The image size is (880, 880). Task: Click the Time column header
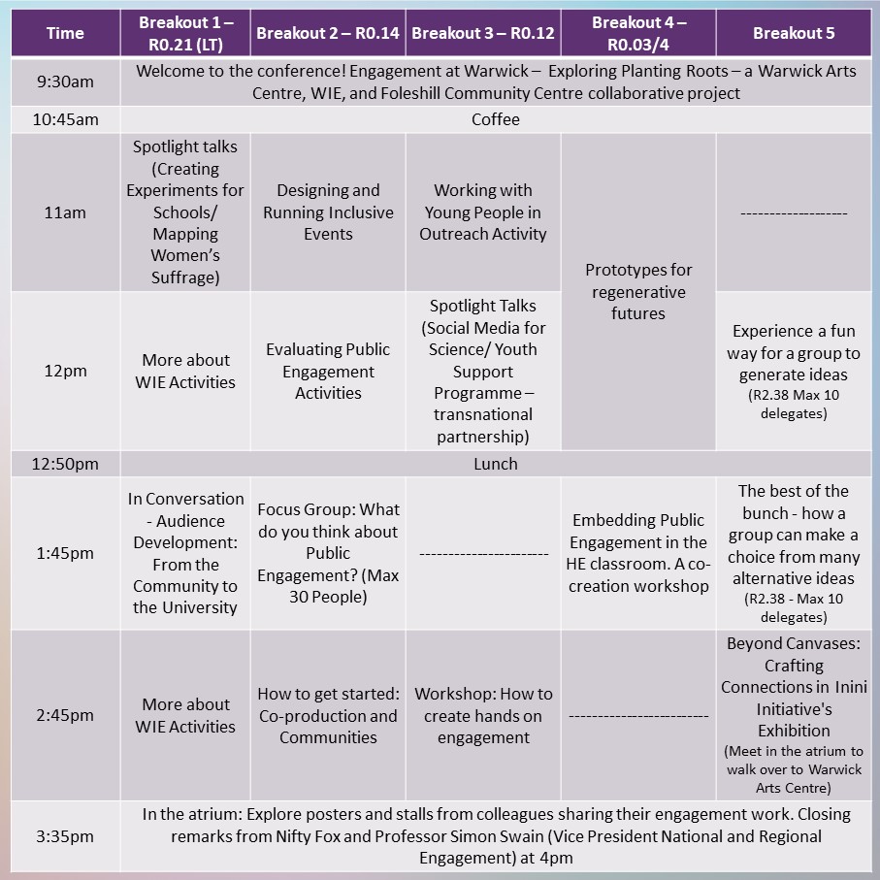pyautogui.click(x=65, y=33)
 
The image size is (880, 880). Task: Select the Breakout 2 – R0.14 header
pyautogui.click(x=328, y=33)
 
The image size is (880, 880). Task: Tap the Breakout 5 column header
pyautogui.click(x=794, y=33)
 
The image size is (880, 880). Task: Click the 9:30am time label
pyautogui.click(x=65, y=81)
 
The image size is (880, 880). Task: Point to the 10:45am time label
pyautogui.click(x=65, y=119)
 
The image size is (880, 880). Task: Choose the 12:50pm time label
pyautogui.click(x=65, y=464)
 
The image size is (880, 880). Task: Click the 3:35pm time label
pyautogui.click(x=65, y=835)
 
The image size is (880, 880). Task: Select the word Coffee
pyautogui.click(x=496, y=119)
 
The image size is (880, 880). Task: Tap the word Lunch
pyautogui.click(x=496, y=464)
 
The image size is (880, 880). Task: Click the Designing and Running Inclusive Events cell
pyautogui.click(x=328, y=212)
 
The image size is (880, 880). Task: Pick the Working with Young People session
pyautogui.click(x=483, y=212)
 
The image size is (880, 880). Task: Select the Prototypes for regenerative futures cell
pyautogui.click(x=638, y=291)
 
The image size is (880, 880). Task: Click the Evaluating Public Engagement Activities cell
pyautogui.click(x=328, y=371)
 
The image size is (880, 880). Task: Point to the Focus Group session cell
pyautogui.click(x=328, y=553)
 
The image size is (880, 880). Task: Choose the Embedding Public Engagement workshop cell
pyautogui.click(x=638, y=553)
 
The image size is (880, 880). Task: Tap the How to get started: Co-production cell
pyautogui.click(x=328, y=715)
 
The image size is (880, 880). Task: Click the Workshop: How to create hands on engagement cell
pyautogui.click(x=483, y=715)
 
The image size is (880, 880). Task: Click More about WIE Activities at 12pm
pyautogui.click(x=186, y=371)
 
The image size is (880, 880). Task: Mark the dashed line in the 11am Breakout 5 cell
pyautogui.click(x=794, y=213)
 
